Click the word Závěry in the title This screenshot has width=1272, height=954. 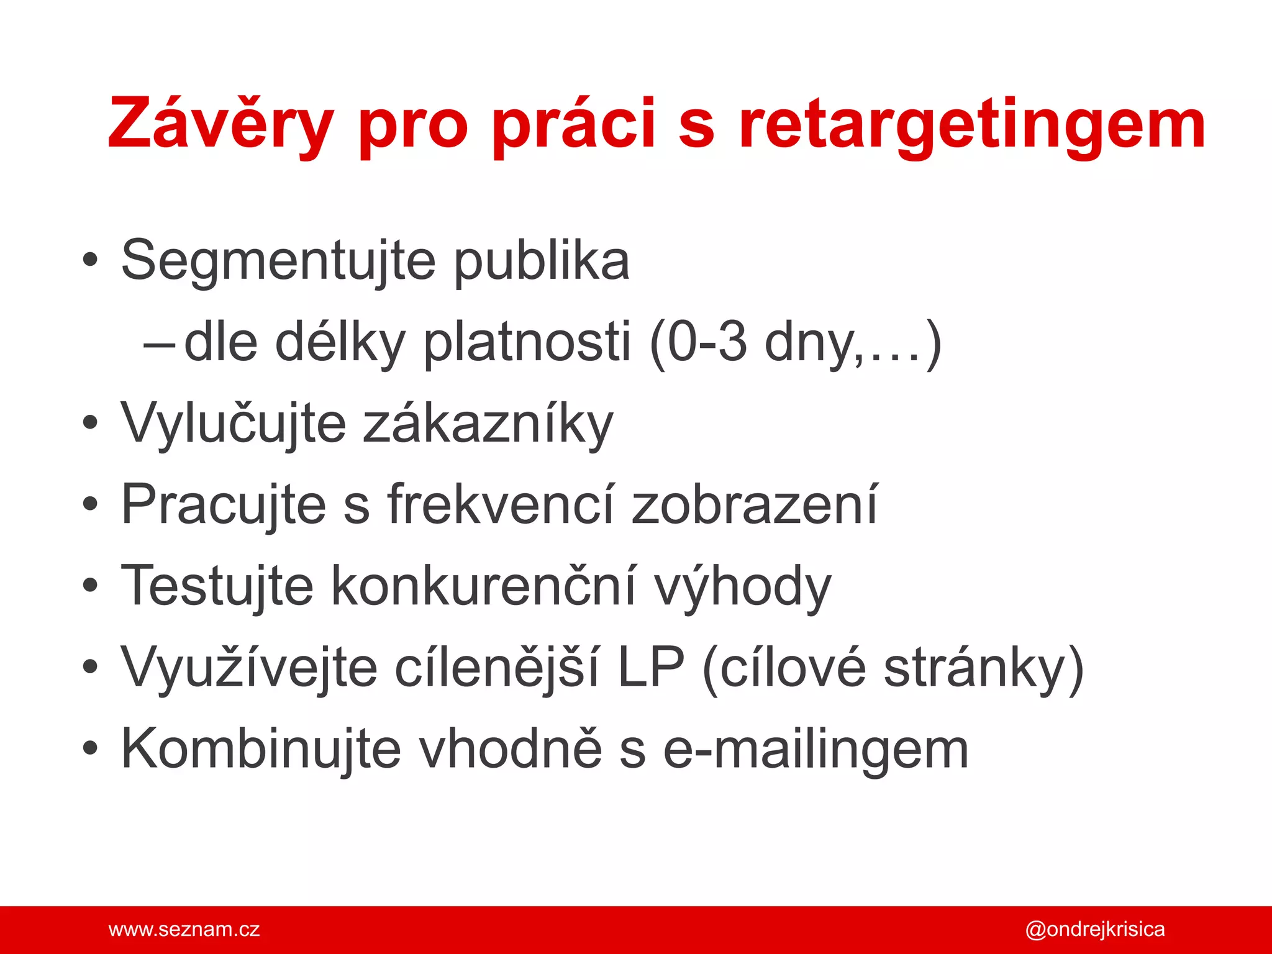tap(220, 124)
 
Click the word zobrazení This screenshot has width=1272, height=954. tap(754, 505)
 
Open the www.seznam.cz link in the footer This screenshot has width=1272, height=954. tap(184, 930)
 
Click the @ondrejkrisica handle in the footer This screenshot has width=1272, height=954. tap(1094, 930)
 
